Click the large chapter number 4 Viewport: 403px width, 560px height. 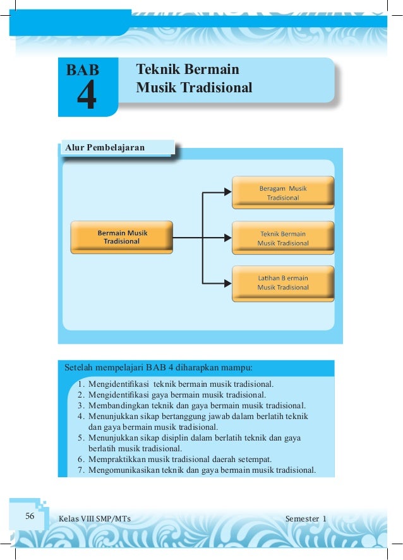[87, 97]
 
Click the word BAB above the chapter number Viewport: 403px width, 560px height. [83, 70]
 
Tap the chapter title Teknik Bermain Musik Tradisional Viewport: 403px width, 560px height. [194, 78]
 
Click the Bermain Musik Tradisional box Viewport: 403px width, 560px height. [122, 237]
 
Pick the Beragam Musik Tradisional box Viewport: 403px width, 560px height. [282, 193]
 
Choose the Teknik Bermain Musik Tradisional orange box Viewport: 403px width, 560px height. [282, 238]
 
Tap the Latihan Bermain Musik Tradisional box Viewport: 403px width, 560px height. [282, 282]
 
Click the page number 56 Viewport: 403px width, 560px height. [30, 516]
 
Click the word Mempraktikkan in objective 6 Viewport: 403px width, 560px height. [116, 460]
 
